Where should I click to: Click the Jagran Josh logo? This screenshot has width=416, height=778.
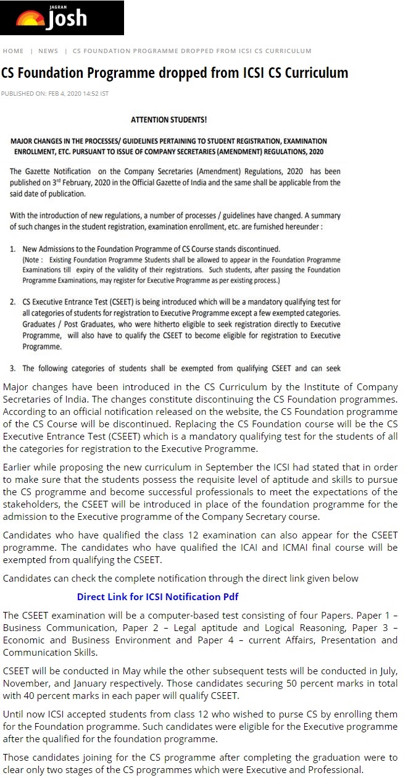click(61, 19)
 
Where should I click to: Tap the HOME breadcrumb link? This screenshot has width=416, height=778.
click(13, 51)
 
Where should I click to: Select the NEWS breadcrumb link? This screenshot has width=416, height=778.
click(48, 51)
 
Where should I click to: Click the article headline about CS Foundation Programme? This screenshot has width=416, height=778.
click(175, 73)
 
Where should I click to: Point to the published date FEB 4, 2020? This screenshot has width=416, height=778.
click(62, 93)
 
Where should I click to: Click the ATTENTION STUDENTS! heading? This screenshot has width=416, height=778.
click(168, 119)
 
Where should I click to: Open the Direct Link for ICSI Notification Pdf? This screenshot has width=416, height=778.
click(157, 596)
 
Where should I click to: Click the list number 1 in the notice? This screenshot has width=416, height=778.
click(13, 249)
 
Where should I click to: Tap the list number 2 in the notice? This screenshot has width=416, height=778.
click(13, 302)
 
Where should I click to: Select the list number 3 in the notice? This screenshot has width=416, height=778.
click(13, 369)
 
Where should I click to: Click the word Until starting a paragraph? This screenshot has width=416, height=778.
click(15, 714)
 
